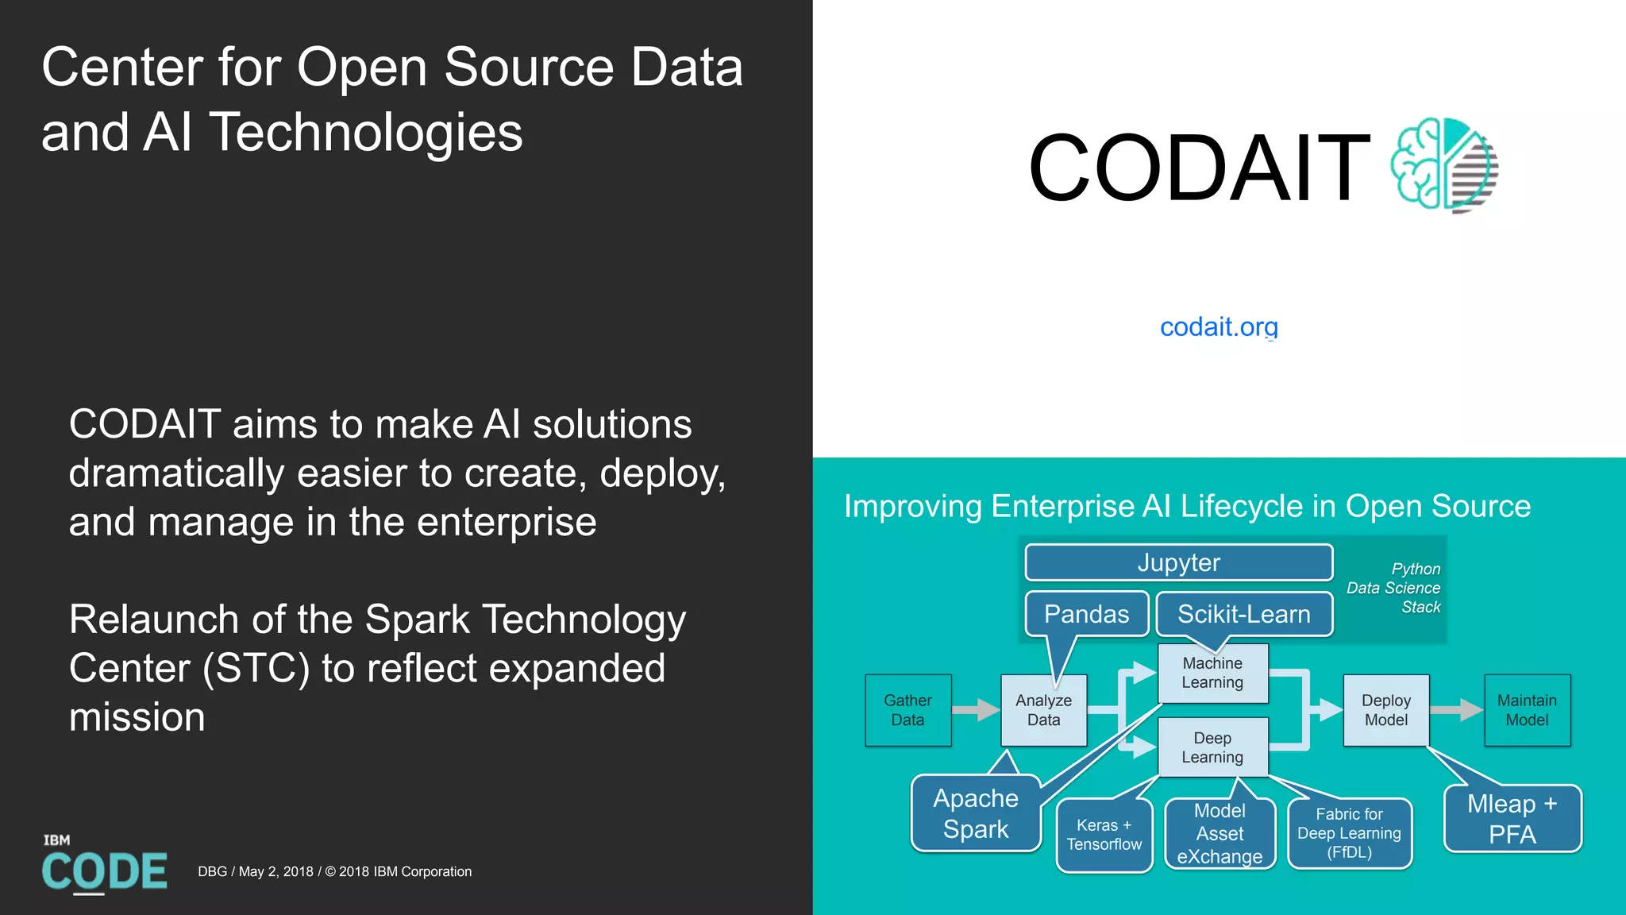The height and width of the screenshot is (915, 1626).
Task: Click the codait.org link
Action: [1219, 326]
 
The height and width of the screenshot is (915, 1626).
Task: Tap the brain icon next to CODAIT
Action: [1443, 165]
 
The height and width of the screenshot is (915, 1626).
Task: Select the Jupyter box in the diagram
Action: [1178, 562]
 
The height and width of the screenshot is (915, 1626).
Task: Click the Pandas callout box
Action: [1086, 614]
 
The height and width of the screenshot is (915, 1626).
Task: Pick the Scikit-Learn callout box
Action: [1243, 614]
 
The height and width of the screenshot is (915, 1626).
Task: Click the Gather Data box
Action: [907, 710]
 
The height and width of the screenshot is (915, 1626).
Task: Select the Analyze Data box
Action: [1043, 710]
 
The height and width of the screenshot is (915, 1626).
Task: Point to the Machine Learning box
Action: [1212, 673]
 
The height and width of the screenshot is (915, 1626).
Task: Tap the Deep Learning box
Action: [1212, 747]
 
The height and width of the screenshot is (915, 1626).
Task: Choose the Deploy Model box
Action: [1385, 710]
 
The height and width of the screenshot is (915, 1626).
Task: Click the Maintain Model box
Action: [1527, 710]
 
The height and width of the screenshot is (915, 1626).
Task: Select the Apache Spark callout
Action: [976, 813]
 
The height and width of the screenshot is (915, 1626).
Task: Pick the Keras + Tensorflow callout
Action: [1104, 835]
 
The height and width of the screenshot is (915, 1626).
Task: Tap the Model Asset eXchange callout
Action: [1219, 834]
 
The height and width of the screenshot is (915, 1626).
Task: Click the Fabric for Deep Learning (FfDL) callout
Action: [1349, 833]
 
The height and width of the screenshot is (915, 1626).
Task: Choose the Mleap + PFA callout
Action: [1512, 819]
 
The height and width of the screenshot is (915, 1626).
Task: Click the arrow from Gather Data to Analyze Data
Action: [976, 709]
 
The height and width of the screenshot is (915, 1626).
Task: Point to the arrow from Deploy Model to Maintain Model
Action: [1456, 709]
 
